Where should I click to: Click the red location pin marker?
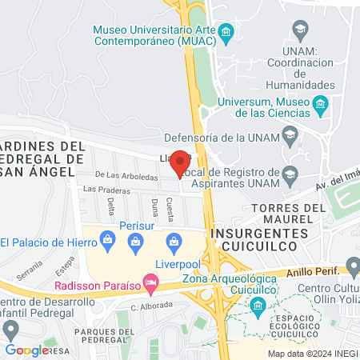181,163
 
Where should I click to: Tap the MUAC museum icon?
226,33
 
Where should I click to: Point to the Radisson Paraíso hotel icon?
149,282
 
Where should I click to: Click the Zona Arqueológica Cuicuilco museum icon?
258,305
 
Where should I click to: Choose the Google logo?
27,350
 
